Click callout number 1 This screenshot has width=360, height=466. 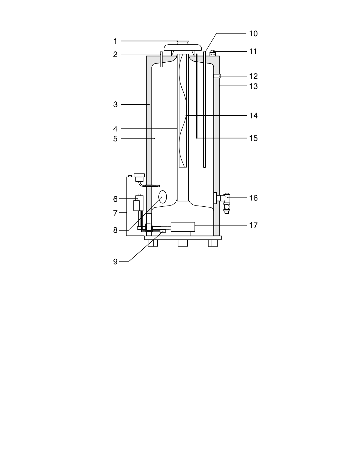point(115,41)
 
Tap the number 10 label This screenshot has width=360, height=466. point(253,34)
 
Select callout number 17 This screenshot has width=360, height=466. point(253,225)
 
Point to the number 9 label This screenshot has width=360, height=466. point(115,261)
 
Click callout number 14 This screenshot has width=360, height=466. point(253,116)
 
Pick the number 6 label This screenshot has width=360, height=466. point(115,199)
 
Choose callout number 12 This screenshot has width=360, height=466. point(253,76)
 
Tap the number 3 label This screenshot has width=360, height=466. point(115,104)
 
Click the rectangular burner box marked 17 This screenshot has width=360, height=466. point(183,227)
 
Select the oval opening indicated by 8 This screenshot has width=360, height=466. point(163,197)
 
